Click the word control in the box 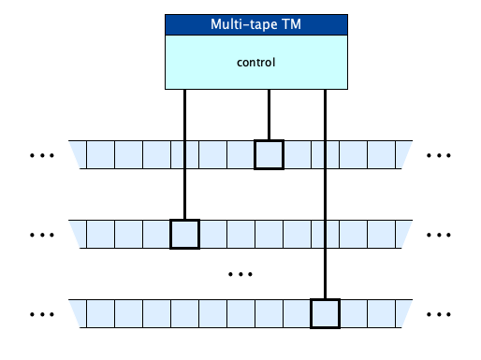255,63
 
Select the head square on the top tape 269,154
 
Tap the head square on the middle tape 184,234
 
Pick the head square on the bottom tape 325,312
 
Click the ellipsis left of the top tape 43,154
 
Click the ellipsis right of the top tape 439,154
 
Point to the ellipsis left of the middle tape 43,234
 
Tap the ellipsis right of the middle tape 439,234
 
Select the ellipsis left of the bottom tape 43,312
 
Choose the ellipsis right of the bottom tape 439,312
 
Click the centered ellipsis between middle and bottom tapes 241,274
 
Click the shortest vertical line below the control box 270,114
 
